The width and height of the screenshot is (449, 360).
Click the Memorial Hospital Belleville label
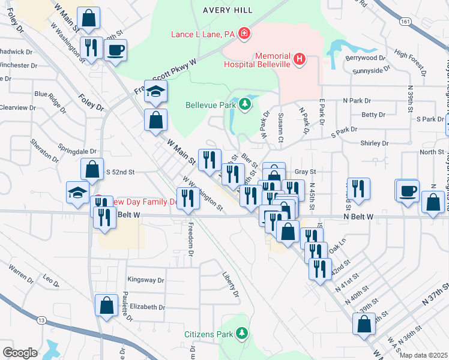(257, 60)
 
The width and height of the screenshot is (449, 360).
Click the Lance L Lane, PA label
(203, 34)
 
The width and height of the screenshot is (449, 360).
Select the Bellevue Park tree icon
(244, 105)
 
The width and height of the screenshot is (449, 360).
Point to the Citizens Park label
(209, 333)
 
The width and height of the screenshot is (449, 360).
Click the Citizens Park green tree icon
(242, 333)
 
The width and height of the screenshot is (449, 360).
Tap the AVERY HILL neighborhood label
(228, 10)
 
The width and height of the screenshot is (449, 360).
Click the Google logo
(20, 353)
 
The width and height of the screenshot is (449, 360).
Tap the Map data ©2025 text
(423, 355)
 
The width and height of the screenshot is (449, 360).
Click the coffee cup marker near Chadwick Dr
(116, 49)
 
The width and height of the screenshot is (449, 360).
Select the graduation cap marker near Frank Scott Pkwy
(156, 91)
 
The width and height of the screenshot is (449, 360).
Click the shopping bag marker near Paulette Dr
(106, 305)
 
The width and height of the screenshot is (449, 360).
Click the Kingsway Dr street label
(146, 280)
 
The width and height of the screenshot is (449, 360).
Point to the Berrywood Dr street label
(365, 58)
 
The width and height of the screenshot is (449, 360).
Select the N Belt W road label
(359, 216)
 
